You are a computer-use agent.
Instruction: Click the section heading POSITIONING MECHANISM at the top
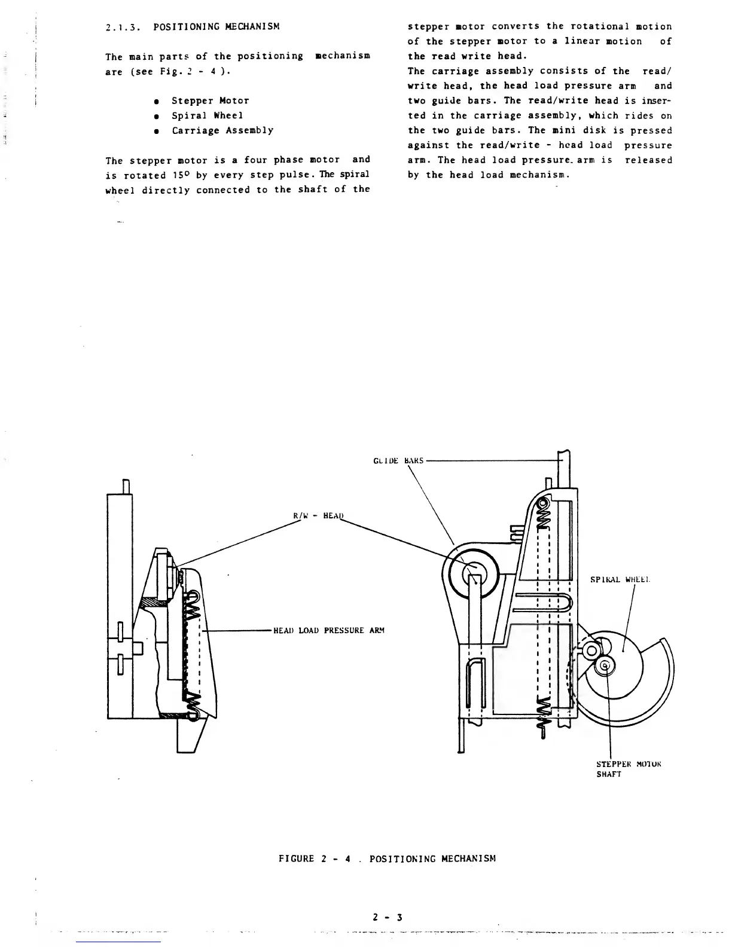(216, 27)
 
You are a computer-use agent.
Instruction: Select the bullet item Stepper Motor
(210, 101)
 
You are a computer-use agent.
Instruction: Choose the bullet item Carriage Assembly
(222, 130)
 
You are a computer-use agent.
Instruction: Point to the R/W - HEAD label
(319, 515)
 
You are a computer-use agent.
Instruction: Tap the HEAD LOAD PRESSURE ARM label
(328, 630)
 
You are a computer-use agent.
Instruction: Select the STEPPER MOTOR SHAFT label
(629, 769)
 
